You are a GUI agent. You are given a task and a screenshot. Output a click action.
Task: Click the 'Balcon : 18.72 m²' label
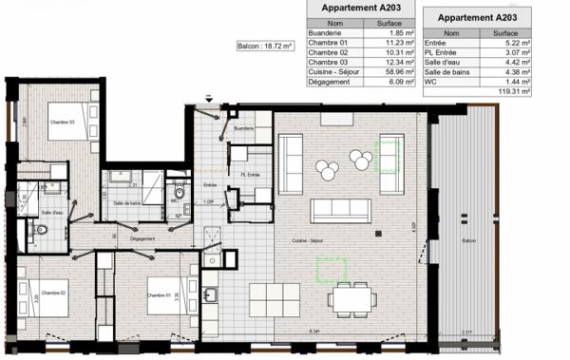[265, 46]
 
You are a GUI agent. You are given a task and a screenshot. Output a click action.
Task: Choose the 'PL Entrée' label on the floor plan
[250, 175]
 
